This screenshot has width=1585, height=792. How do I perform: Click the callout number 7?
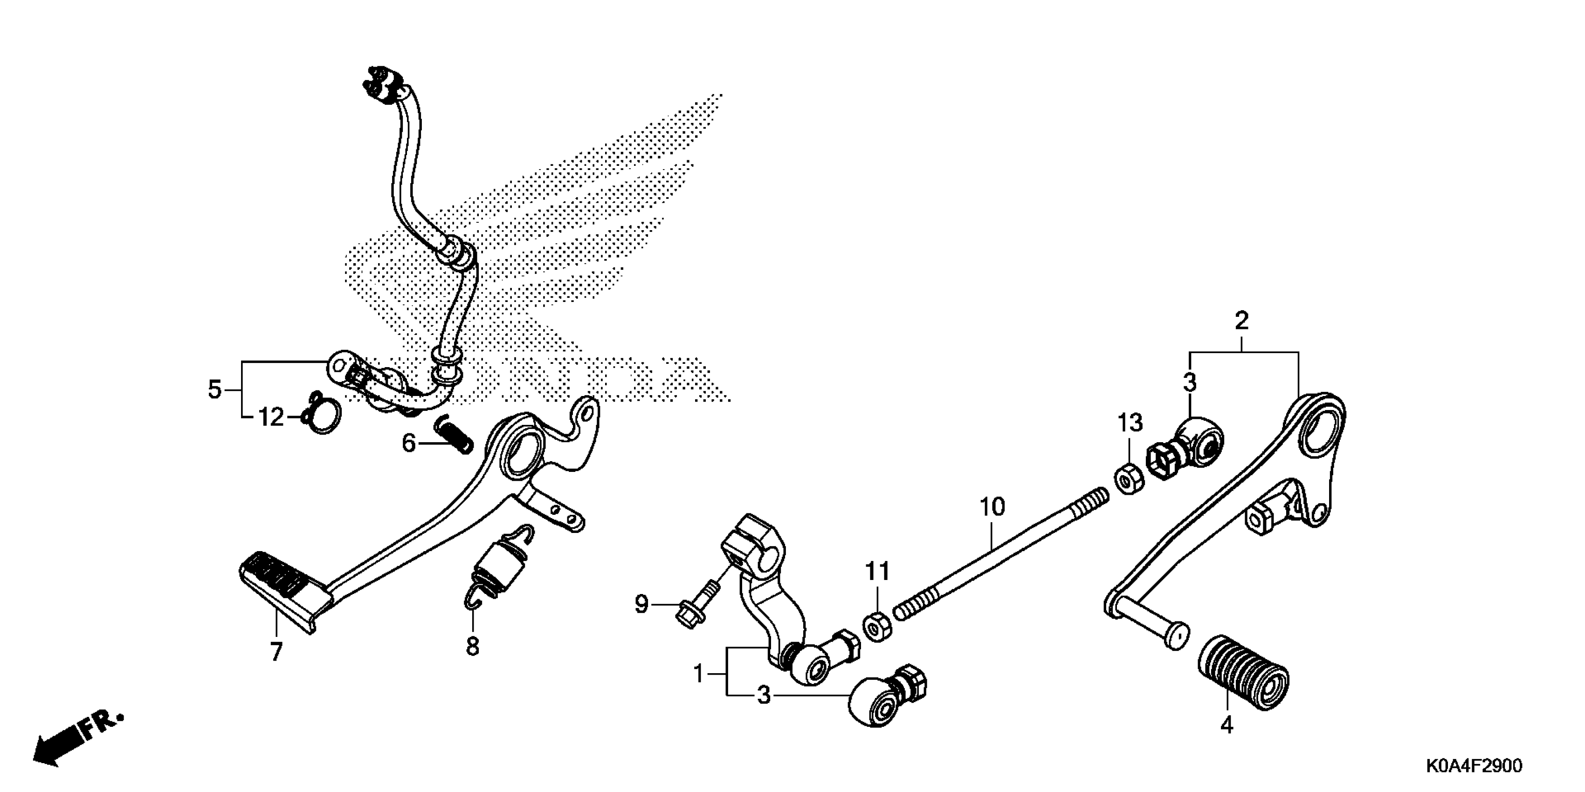(x=276, y=652)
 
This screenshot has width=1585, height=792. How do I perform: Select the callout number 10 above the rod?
(x=991, y=507)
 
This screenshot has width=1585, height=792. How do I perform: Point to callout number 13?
(x=1130, y=423)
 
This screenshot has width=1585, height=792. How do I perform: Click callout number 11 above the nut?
(x=877, y=572)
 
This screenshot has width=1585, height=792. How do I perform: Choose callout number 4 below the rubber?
(x=1227, y=725)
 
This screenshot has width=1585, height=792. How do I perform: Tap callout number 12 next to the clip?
(x=271, y=419)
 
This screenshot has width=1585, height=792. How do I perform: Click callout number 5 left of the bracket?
(x=214, y=390)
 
